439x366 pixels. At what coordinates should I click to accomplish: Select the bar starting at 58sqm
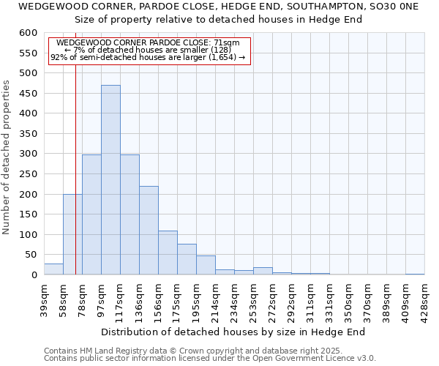click(x=72, y=234)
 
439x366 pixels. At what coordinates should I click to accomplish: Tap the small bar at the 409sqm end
click(x=415, y=274)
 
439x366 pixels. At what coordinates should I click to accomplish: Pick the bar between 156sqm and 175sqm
click(x=168, y=253)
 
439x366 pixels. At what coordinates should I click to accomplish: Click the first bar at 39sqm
click(x=53, y=269)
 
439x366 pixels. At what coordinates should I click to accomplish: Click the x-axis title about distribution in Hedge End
click(x=233, y=332)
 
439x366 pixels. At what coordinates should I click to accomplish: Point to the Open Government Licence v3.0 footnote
click(x=210, y=358)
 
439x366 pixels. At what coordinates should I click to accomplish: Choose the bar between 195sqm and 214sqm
click(x=206, y=265)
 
